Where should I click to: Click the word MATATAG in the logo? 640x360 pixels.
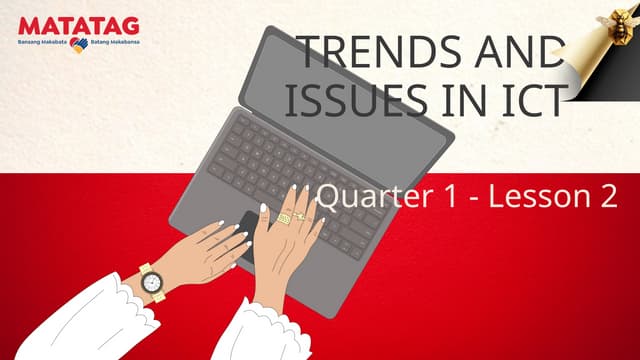tap(78, 25)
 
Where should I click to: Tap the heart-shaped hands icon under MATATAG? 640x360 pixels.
tap(78, 45)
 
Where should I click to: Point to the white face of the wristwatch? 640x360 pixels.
tap(153, 286)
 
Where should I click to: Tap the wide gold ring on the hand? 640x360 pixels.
tap(284, 218)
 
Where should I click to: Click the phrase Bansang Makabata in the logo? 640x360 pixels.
tap(42, 45)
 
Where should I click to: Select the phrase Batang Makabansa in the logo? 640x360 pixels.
tap(114, 45)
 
